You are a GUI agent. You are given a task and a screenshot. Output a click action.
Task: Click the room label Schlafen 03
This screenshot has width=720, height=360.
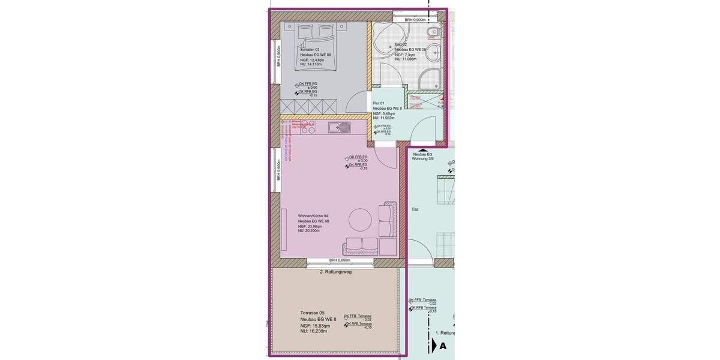pyautogui.click(x=310, y=50)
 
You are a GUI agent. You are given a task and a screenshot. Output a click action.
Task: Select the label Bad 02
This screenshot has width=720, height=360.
pyautogui.click(x=401, y=44)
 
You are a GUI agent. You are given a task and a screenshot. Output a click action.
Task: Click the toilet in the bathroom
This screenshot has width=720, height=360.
pyautogui.click(x=433, y=32)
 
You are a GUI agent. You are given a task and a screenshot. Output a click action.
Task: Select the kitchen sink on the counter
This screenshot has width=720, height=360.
pyautogui.click(x=340, y=127)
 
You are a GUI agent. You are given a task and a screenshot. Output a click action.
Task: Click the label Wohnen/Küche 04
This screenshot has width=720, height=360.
pyautogui.click(x=313, y=216)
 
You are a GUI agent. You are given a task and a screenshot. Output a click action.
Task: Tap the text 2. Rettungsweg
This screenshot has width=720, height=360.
pyautogui.click(x=335, y=272)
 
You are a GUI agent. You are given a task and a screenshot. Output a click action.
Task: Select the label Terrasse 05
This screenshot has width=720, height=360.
pyautogui.click(x=312, y=313)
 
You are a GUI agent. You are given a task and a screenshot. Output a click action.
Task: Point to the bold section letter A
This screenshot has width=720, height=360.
pyautogui.click(x=443, y=346)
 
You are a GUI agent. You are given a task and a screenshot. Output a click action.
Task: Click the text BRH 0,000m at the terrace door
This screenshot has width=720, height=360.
pyautogui.click(x=340, y=260)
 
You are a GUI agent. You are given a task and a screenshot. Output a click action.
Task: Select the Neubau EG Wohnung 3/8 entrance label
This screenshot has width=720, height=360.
pyautogui.click(x=422, y=156)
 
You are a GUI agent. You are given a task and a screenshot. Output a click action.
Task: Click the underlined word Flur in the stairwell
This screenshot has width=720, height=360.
pyautogui.click(x=415, y=209)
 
